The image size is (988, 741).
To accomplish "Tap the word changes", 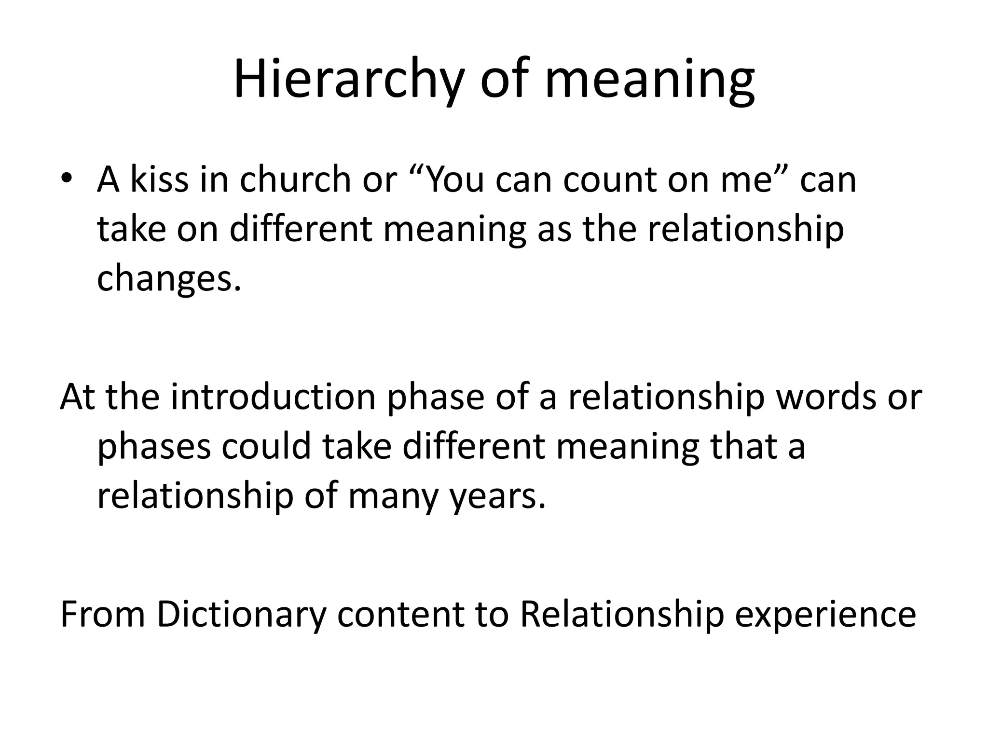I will point(168,278).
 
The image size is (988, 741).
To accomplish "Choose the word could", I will point(266,446).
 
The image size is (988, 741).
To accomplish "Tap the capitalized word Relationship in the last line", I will point(622,616).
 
